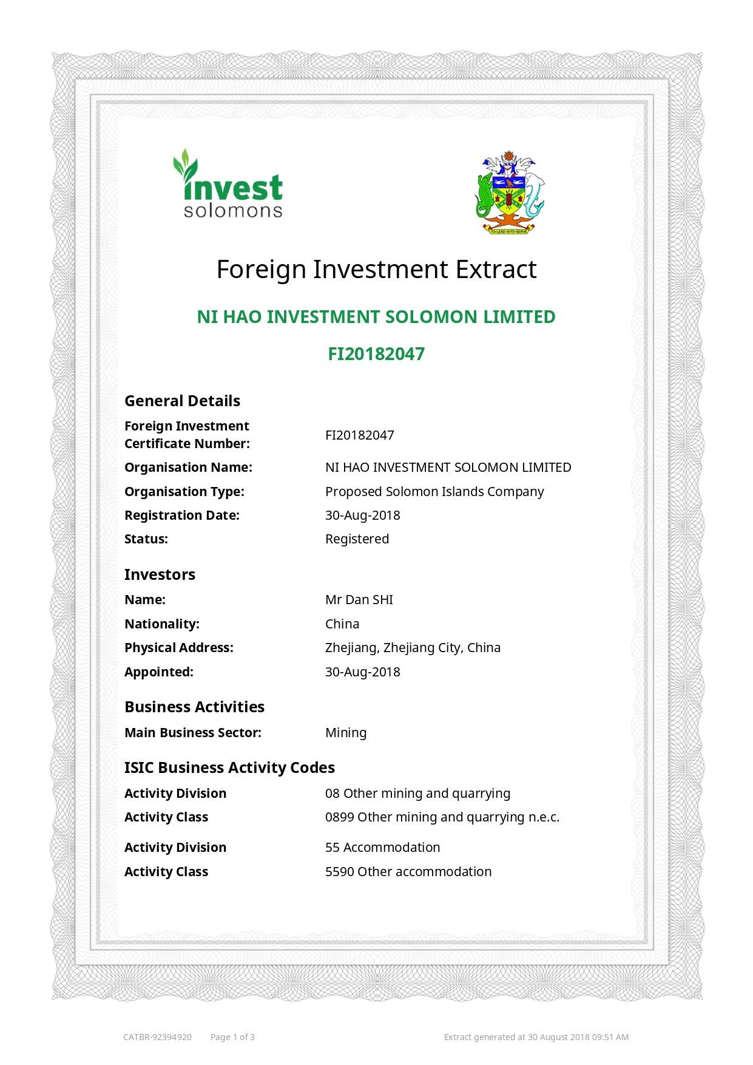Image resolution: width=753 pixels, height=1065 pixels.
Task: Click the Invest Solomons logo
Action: (x=229, y=185)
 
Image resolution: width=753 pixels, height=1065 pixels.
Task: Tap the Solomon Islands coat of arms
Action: (x=509, y=192)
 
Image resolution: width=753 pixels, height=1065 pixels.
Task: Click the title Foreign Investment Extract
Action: (x=376, y=270)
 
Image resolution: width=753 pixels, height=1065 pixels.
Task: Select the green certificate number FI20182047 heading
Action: (x=376, y=354)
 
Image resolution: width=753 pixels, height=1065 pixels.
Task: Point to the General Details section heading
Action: (x=182, y=401)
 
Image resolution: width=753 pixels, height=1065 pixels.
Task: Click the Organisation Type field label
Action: (x=184, y=492)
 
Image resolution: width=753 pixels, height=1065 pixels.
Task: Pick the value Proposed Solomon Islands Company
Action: (x=434, y=492)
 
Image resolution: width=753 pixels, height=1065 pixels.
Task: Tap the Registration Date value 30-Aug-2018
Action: (x=362, y=515)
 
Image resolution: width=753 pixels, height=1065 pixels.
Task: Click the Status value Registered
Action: (x=357, y=539)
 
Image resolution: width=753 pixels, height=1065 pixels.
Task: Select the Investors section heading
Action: (x=160, y=575)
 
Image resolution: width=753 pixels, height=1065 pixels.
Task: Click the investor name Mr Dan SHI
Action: (x=359, y=600)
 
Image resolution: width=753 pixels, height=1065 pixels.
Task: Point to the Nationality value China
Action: (x=342, y=624)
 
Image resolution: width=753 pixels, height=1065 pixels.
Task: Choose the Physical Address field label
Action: (x=178, y=648)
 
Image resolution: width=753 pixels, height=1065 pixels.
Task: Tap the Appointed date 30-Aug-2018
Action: (x=362, y=672)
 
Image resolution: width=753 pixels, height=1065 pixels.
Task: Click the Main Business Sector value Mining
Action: (x=346, y=733)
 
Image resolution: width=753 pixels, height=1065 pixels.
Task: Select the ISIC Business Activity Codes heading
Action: (x=229, y=768)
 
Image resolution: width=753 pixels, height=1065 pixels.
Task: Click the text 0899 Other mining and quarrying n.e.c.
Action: (x=442, y=817)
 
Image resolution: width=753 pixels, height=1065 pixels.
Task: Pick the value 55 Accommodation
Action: (x=382, y=848)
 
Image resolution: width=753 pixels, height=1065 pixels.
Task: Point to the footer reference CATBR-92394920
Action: (x=157, y=1037)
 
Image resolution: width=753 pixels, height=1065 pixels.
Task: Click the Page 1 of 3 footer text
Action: (x=232, y=1037)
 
